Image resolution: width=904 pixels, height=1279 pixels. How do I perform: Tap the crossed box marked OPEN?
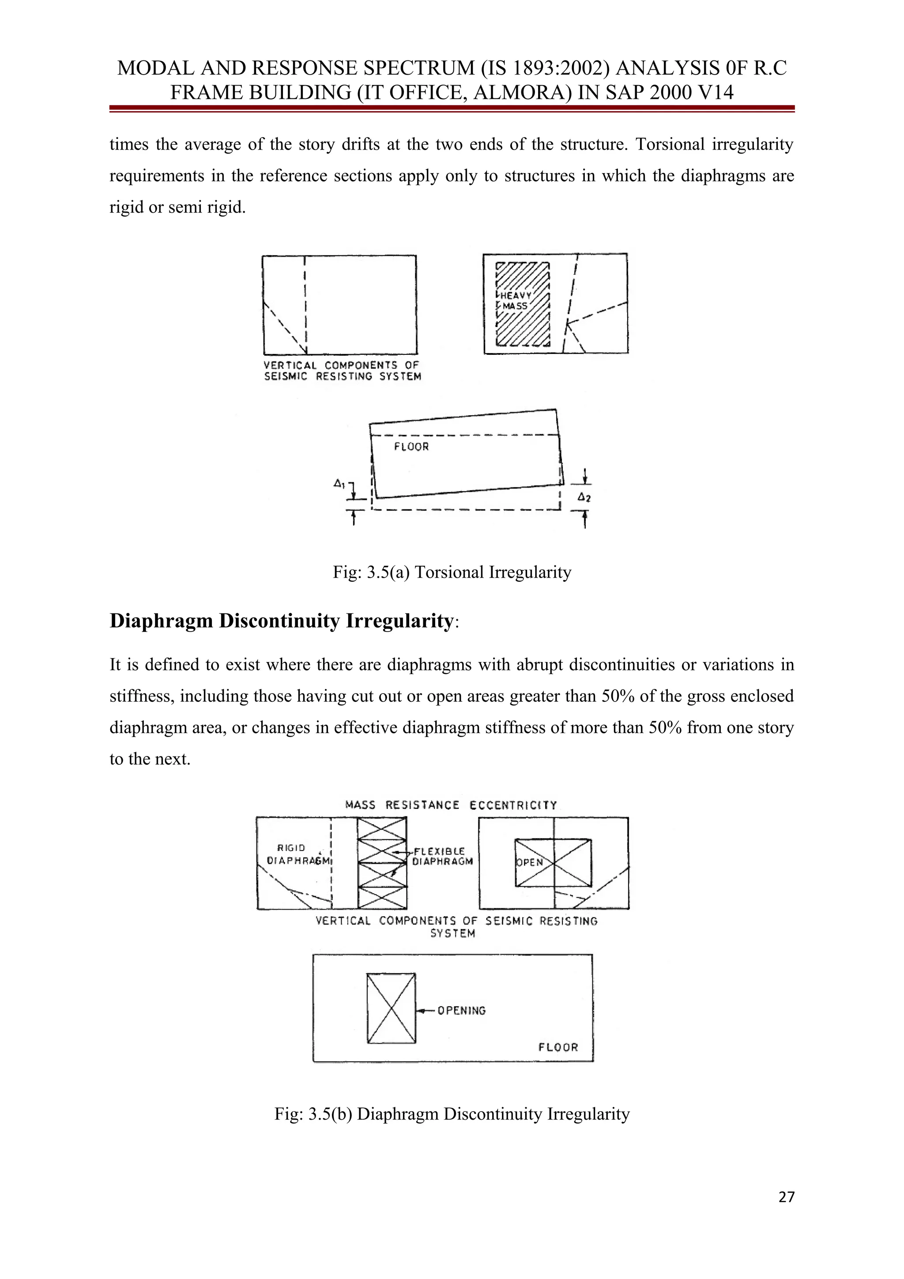(x=553, y=862)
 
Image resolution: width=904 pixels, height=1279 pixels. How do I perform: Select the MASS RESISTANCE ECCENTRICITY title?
(x=451, y=805)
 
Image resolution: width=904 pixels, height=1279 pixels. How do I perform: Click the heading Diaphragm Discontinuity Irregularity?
(x=281, y=621)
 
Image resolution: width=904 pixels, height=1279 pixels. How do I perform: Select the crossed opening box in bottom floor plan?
(x=391, y=1008)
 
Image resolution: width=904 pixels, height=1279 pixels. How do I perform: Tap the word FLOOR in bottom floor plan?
(x=558, y=1047)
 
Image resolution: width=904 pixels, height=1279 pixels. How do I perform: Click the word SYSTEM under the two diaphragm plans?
(x=452, y=933)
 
